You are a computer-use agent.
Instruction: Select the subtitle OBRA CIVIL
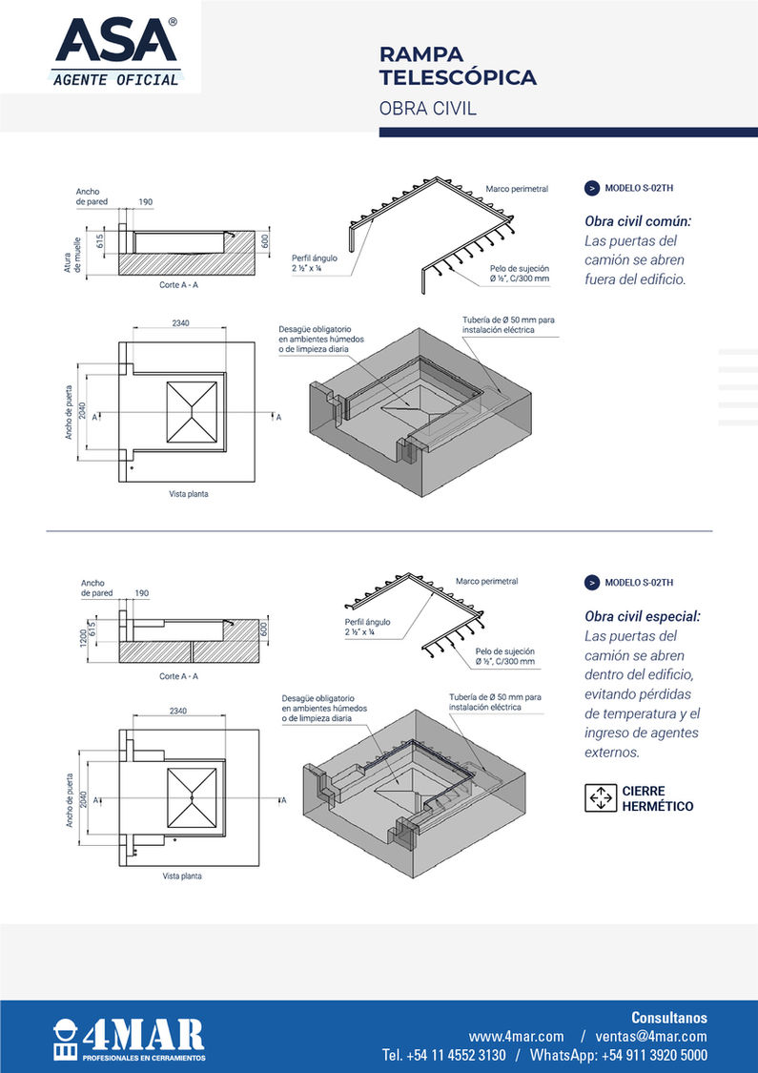pos(427,109)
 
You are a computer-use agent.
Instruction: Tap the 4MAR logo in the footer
pos(130,1038)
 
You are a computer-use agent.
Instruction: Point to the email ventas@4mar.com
pos(651,1036)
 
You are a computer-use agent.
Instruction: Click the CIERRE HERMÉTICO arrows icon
pos(600,797)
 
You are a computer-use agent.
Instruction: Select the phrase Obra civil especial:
pos(642,616)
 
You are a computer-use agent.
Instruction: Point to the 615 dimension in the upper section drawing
pos(98,238)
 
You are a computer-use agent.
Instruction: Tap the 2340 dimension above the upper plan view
pos(180,323)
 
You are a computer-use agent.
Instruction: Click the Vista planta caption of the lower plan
pos(181,875)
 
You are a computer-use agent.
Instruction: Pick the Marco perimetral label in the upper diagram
pos(516,189)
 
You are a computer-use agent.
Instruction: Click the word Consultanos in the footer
pos(669,1017)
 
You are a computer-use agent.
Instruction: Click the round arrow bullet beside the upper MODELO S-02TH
pos(591,188)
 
